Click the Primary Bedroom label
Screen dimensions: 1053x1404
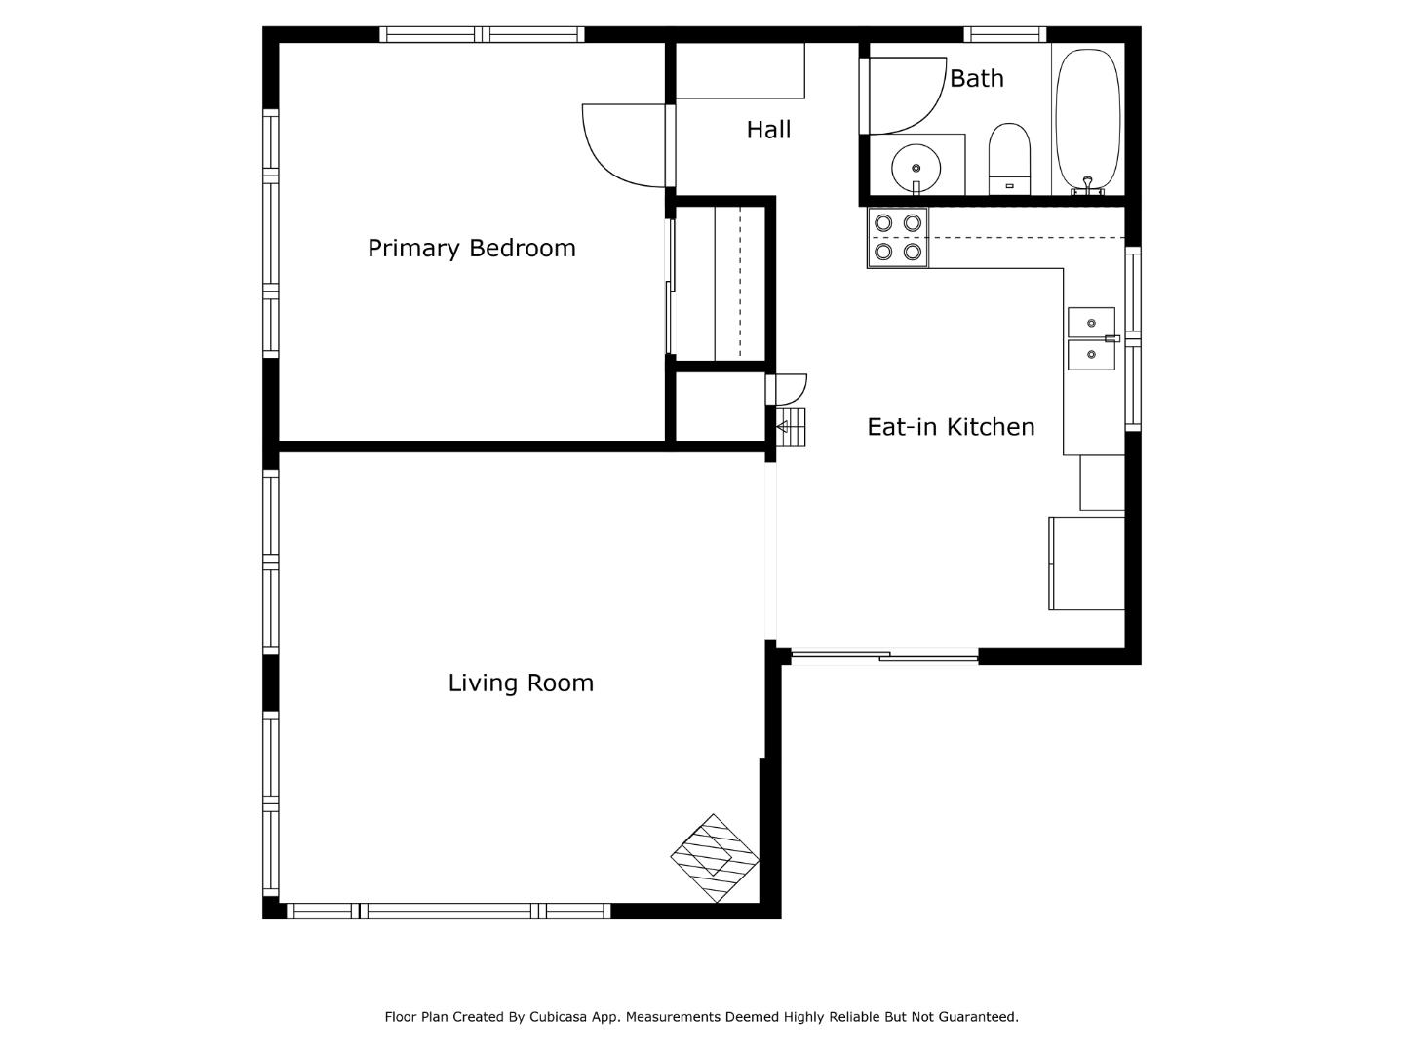pos(471,249)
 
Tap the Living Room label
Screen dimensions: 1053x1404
pos(521,683)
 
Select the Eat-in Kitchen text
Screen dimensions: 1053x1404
pos(951,427)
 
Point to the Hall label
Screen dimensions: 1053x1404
pos(768,130)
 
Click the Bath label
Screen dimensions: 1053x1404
pos(976,79)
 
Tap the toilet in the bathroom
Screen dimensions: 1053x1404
pos(1009,158)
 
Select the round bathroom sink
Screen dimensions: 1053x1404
pos(916,165)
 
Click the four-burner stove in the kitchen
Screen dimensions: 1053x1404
pos(898,238)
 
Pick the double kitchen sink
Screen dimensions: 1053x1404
pos(1091,339)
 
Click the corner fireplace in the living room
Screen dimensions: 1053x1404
pos(715,858)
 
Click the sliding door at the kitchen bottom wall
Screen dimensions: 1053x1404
pos(883,656)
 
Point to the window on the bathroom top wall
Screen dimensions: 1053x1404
pos(1004,35)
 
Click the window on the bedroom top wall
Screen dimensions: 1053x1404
pos(482,35)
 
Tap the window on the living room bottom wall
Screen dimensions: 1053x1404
pos(448,912)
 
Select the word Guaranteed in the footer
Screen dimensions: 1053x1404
pos(977,1017)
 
